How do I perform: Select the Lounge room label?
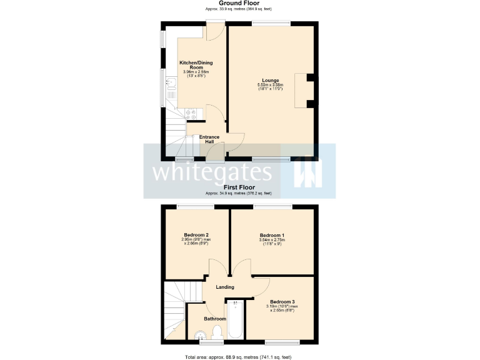(270, 80)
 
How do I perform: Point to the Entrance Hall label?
(209, 139)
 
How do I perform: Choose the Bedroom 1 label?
(272, 235)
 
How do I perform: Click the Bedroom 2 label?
(196, 235)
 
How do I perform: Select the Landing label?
(224, 287)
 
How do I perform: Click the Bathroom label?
(215, 319)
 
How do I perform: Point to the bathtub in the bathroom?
(236, 322)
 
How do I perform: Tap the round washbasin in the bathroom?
(200, 335)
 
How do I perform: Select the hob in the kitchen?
(192, 114)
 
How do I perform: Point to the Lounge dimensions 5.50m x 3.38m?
(270, 87)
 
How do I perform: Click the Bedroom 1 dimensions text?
(272, 241)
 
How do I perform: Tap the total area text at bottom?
(238, 356)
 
